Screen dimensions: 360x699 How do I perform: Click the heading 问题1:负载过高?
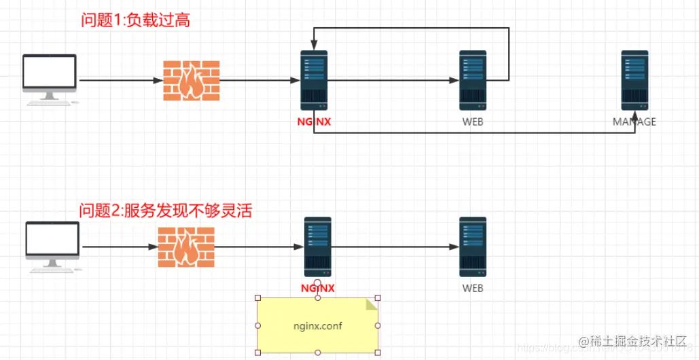pos(135,20)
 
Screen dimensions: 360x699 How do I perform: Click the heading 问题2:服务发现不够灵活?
pos(166,211)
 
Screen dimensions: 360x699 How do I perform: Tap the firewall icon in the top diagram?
pos(191,81)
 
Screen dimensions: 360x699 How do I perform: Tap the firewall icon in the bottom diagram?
pos(186,247)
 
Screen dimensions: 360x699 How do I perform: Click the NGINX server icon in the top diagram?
pos(314,80)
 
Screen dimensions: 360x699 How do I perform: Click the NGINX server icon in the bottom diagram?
pos(317,247)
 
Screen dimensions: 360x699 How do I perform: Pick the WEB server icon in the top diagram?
pos(472,80)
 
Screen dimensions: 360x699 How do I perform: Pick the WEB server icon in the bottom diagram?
pos(472,247)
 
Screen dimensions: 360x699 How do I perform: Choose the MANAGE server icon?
pos(634,80)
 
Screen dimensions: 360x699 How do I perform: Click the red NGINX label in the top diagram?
pos(314,122)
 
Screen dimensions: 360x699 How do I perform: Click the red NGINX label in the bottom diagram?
pos(317,288)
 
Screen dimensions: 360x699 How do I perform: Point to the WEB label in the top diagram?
pos(473,122)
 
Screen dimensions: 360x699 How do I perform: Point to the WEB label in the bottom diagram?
pos(473,288)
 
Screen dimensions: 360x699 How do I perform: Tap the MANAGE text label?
pos(634,122)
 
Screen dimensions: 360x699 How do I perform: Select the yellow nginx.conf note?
pos(317,325)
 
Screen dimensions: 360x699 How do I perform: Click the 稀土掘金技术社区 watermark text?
pos(633,340)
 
